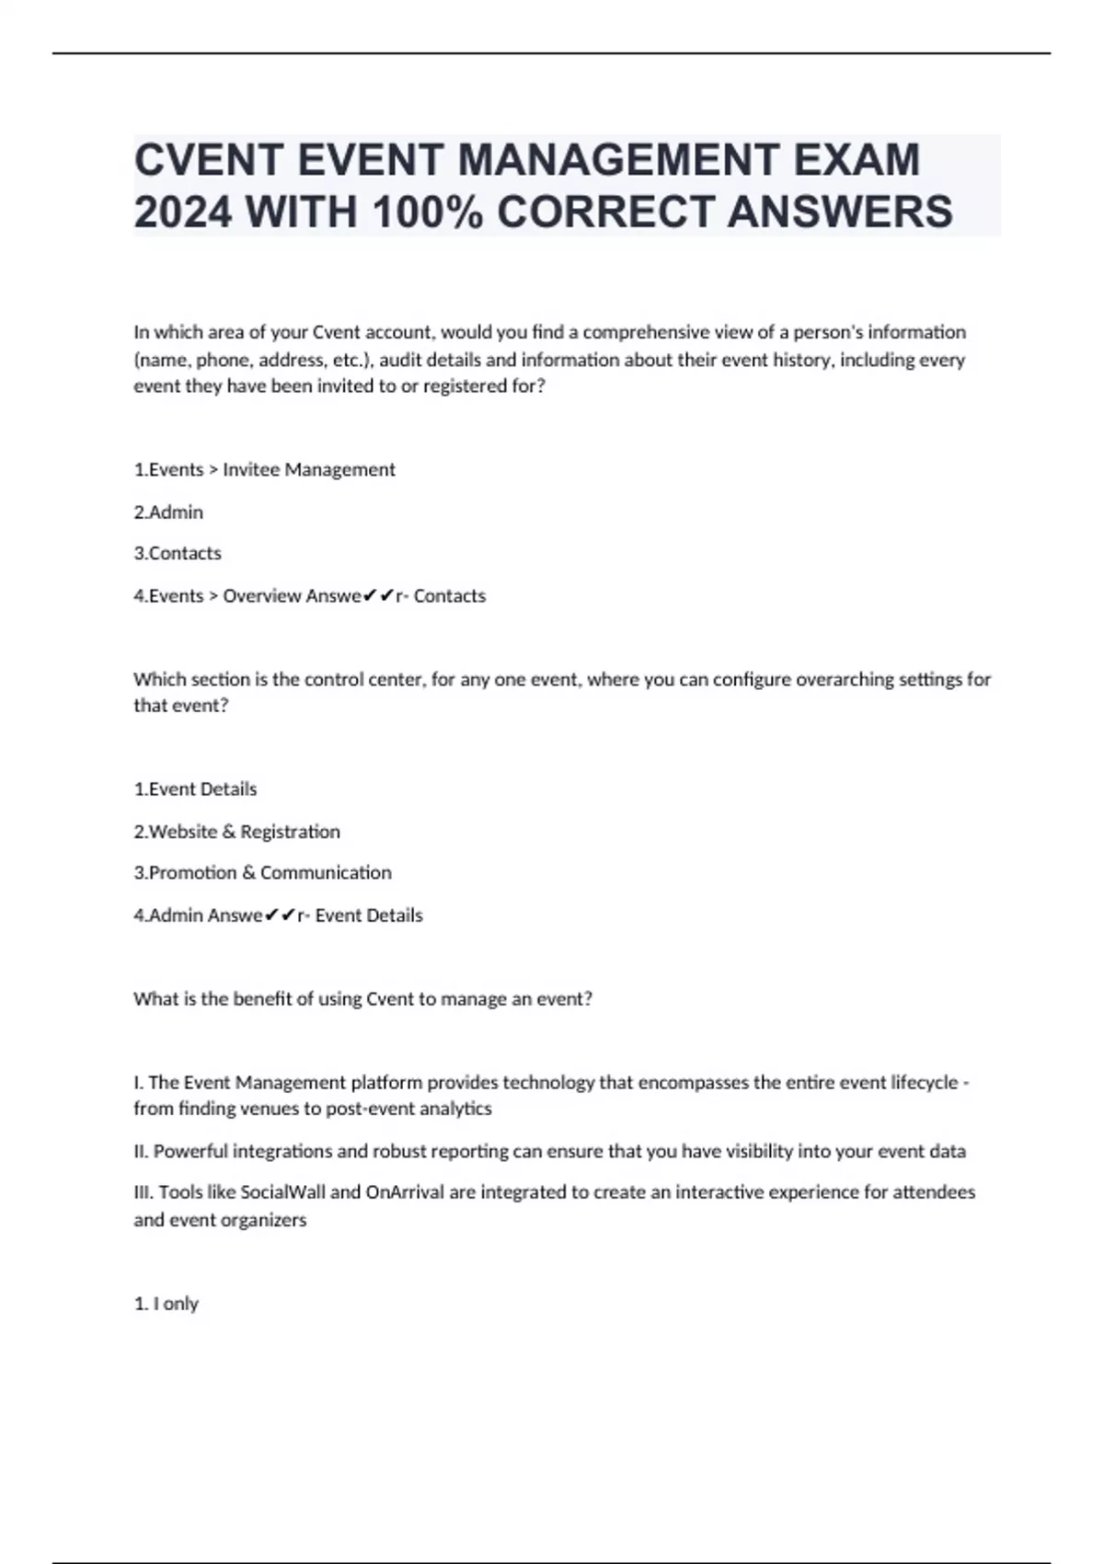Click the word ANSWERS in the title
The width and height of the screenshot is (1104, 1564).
click(x=840, y=213)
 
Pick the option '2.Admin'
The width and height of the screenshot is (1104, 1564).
click(x=168, y=512)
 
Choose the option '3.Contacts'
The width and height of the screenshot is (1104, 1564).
click(x=178, y=554)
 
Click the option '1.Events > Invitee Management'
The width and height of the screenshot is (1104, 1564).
click(x=264, y=470)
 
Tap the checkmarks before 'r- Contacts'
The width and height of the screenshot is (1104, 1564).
click(x=378, y=596)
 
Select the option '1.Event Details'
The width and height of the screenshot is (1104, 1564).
click(x=195, y=789)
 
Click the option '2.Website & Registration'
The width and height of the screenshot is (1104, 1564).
click(x=236, y=832)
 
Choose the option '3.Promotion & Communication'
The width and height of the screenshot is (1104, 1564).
click(x=262, y=873)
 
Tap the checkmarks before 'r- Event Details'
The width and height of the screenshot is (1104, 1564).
click(x=280, y=915)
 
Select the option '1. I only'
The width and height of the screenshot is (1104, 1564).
click(x=167, y=1304)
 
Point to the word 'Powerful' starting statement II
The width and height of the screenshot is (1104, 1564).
click(x=190, y=1152)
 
